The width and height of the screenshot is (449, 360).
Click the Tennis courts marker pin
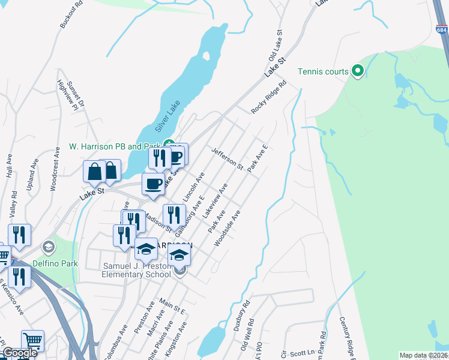[358, 71]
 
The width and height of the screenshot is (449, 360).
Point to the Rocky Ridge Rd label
[268, 98]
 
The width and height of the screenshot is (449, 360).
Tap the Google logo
[19, 353]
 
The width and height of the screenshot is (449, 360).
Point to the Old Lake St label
[276, 46]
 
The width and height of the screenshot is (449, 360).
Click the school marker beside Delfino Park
[49, 247]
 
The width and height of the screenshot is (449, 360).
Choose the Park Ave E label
[258, 157]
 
